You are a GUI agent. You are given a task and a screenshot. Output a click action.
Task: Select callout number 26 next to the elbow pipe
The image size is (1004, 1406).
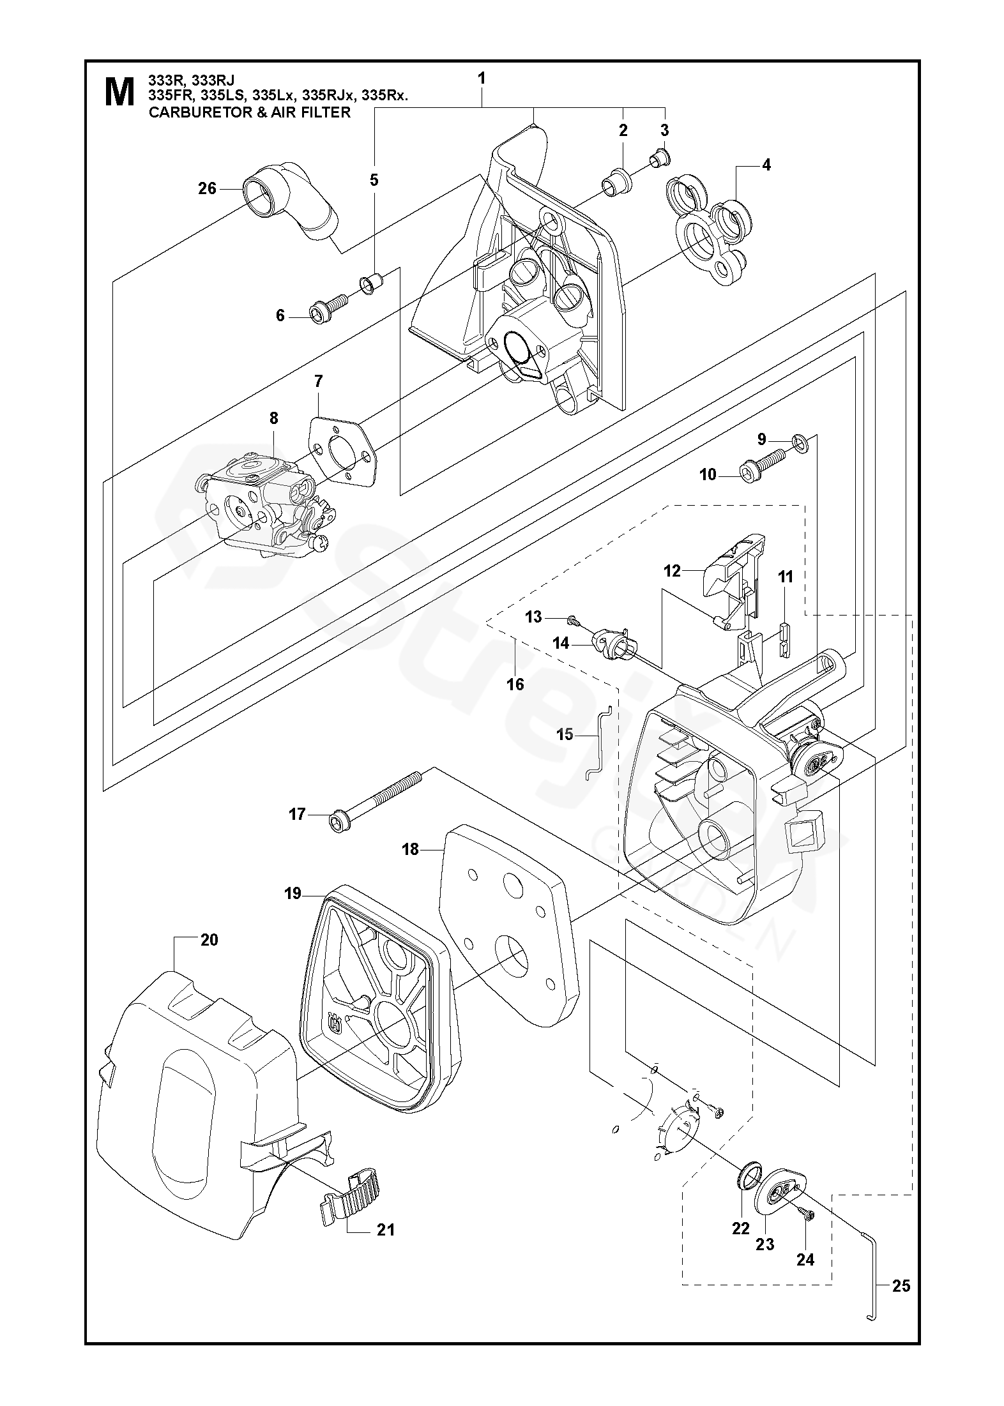208,189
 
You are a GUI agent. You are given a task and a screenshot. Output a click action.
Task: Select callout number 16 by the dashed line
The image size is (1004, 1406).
515,684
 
